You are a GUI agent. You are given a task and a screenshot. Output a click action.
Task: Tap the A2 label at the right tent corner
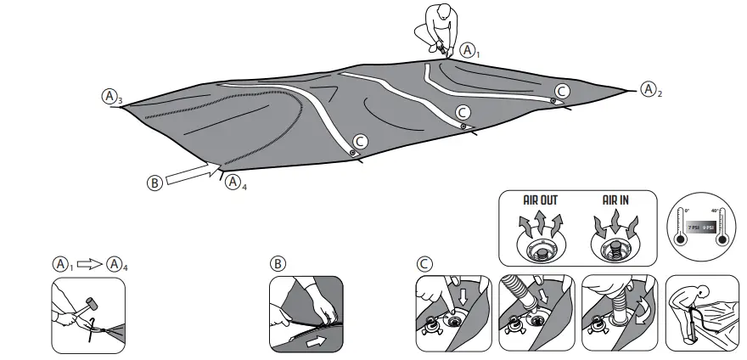[x=649, y=88]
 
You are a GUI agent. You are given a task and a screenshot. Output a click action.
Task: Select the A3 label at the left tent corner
[x=110, y=96]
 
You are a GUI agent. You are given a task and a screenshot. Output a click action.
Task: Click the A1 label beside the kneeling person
[x=472, y=50]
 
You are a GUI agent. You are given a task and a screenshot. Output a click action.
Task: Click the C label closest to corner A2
[x=562, y=90]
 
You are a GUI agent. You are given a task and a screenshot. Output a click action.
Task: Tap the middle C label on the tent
[x=463, y=112]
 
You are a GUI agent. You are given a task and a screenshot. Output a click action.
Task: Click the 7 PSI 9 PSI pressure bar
[x=704, y=228]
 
